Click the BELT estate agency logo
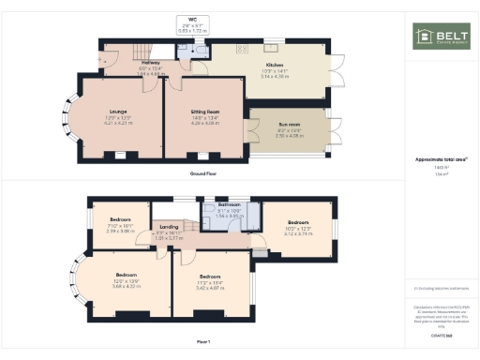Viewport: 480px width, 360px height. click(442, 37)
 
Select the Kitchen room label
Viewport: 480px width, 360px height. click(274, 65)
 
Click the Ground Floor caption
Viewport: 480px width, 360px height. click(202, 174)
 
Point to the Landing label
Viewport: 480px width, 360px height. click(169, 227)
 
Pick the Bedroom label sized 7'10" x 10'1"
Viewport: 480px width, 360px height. click(118, 219)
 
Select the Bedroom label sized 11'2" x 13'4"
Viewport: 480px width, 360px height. click(210, 277)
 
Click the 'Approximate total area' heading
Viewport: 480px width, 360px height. click(441, 159)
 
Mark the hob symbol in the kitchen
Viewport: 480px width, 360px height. click(242, 48)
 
